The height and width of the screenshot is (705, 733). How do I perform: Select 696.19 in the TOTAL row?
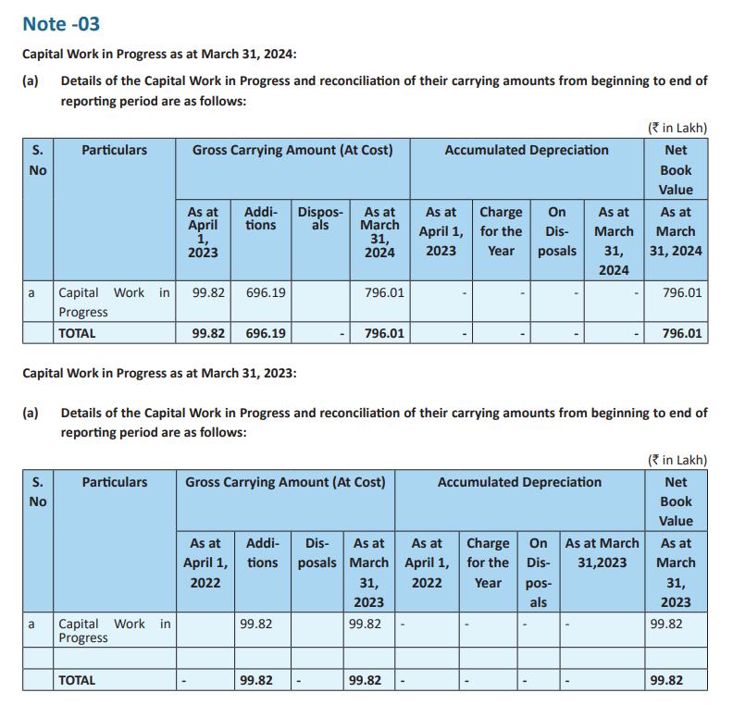(266, 333)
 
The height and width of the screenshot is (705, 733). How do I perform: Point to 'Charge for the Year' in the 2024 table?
(501, 231)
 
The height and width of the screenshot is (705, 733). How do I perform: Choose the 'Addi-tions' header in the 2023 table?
(262, 553)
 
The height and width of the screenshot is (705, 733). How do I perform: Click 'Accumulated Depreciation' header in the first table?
(527, 150)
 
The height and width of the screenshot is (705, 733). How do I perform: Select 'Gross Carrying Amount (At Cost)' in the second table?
(285, 482)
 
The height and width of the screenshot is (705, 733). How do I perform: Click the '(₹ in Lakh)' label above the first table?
(676, 128)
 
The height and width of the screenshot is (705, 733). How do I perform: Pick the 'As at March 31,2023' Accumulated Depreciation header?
(602, 552)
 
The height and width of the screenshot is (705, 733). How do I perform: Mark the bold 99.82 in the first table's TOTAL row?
(209, 333)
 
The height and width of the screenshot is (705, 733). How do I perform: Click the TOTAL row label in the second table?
(77, 680)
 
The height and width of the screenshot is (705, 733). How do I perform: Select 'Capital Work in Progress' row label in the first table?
(114, 302)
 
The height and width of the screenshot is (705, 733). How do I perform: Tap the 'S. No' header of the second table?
(37, 491)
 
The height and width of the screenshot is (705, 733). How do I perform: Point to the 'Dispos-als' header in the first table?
(320, 218)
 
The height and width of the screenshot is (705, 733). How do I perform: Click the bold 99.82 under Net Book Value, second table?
(666, 680)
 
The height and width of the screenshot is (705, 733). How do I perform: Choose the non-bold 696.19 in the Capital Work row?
(266, 293)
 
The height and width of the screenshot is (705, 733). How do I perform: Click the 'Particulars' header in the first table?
(114, 150)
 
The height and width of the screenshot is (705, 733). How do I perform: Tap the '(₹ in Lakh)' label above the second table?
(676, 460)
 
